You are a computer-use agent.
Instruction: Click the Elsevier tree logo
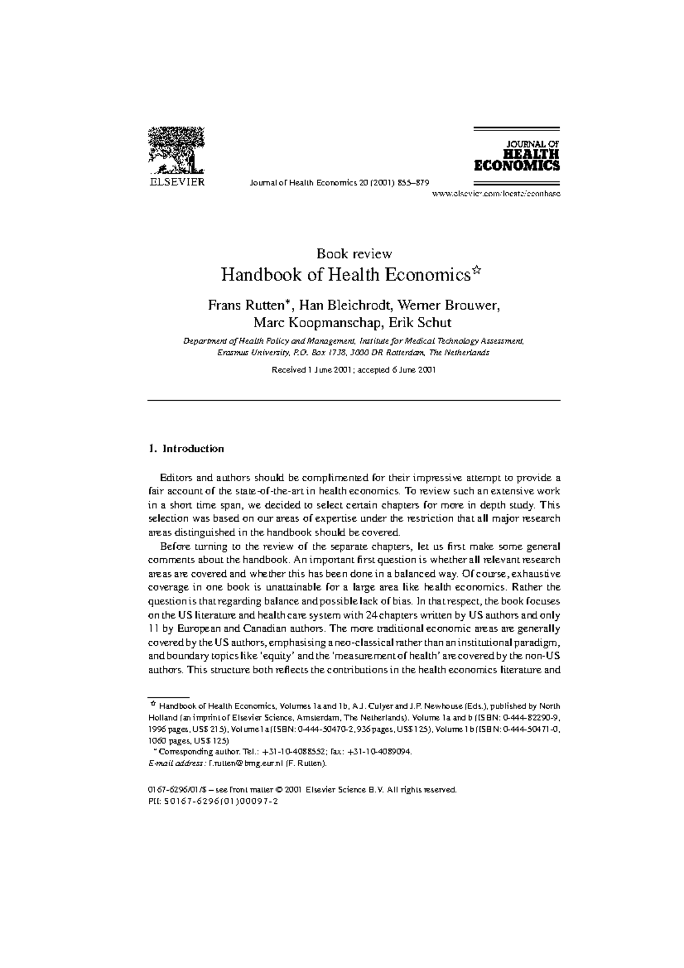coord(176,150)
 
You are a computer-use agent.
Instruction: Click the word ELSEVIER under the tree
coord(176,182)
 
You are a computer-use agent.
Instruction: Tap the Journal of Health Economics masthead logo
coord(517,156)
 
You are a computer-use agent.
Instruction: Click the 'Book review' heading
coord(354,254)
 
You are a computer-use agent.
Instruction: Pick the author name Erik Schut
coord(420,323)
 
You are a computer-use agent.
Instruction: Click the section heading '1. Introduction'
coord(186,449)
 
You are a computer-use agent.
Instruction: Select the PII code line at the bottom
coord(212,800)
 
